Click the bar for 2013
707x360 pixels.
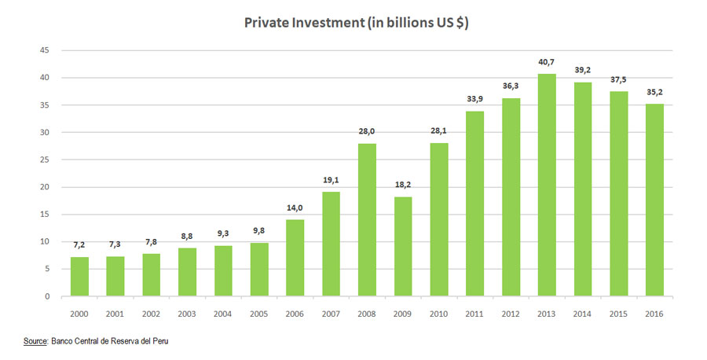pos(546,185)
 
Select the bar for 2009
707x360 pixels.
pos(402,246)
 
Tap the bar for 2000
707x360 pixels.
pos(79,277)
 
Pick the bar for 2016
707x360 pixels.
pos(654,200)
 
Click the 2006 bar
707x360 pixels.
pos(295,258)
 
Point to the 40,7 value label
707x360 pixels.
pos(546,62)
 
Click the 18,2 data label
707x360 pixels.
pos(402,186)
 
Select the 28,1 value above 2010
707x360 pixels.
pos(438,131)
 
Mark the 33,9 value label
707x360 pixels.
pos(474,99)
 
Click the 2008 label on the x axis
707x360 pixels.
pos(367,314)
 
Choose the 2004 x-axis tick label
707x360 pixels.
pos(223,314)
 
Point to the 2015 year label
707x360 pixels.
pos(618,314)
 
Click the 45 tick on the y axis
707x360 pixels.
pos(45,50)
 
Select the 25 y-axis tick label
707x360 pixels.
pos(45,160)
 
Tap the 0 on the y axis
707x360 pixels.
pos(47,296)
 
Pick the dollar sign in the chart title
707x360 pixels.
pos(459,24)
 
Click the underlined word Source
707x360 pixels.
pos(35,342)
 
